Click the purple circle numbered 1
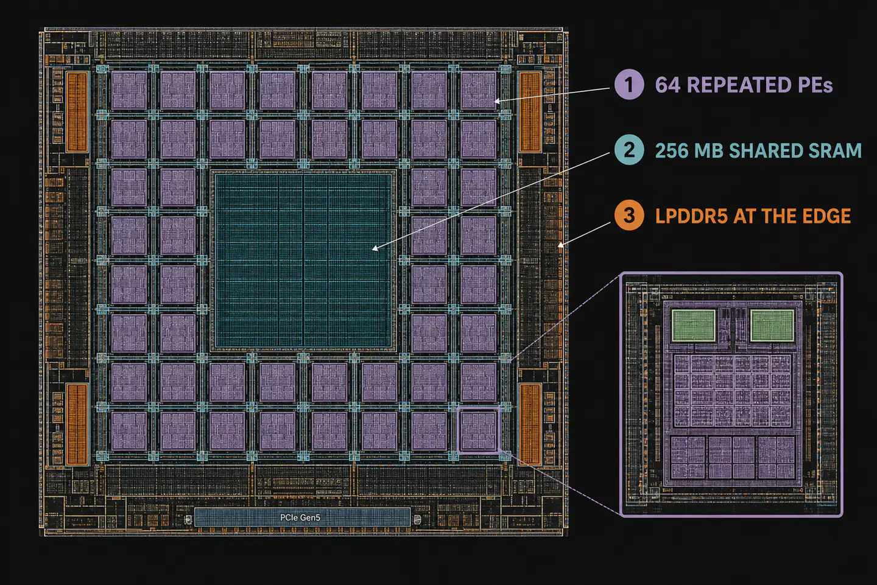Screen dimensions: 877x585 pos(629,85)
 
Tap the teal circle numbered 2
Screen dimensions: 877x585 pos(629,150)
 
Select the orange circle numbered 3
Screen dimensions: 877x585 pos(629,215)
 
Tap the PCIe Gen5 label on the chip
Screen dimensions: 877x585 pos(300,517)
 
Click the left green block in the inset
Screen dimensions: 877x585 pos(693,326)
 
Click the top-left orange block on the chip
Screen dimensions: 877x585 pos(77,111)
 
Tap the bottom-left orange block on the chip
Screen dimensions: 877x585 pos(77,424)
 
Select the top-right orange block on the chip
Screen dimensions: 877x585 pos(530,111)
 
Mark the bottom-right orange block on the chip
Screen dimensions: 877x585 pos(530,424)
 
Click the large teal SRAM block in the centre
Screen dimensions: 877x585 pos(303,260)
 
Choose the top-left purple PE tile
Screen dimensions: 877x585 pos(129,90)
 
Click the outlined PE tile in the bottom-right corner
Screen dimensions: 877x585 pos(479,430)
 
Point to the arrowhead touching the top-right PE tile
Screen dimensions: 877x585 pos(497,101)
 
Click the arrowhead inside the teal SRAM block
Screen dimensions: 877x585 pos(375,248)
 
